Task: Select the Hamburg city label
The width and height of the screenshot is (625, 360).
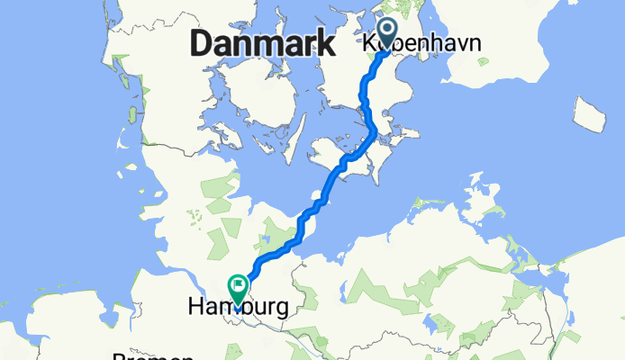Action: click(x=239, y=308)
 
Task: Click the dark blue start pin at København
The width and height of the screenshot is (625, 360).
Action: click(x=389, y=34)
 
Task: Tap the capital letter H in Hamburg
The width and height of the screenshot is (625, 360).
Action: click(x=196, y=308)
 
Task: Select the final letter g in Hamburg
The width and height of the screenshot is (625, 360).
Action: click(x=283, y=310)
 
